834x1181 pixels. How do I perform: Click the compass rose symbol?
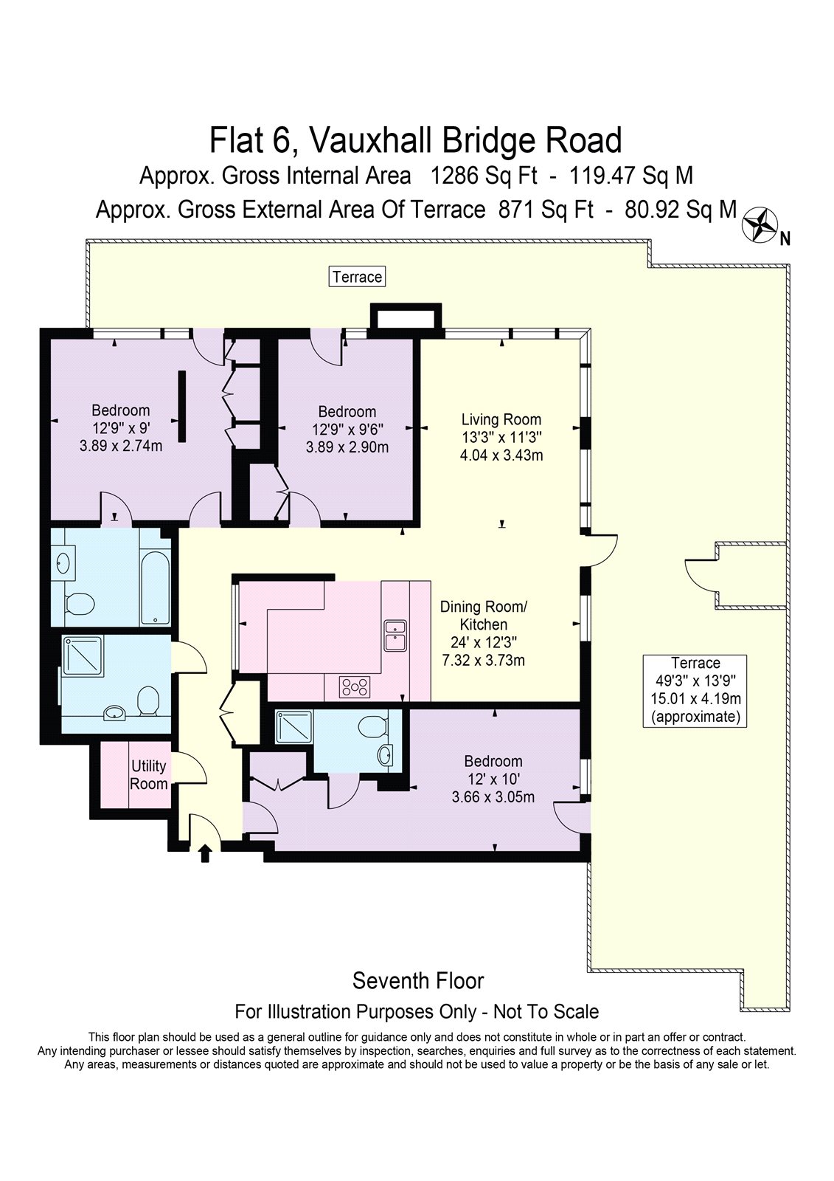click(760, 225)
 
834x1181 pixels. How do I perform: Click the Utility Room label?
click(148, 774)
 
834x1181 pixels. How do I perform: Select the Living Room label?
click(501, 420)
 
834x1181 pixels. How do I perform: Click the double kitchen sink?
click(396, 636)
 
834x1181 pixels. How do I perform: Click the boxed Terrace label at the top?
click(357, 277)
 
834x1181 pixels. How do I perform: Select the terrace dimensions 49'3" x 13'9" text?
click(695, 681)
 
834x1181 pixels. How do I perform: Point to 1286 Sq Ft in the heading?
click(484, 176)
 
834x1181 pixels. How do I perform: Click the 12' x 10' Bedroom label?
click(493, 779)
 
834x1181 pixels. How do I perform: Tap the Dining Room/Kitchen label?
click(484, 616)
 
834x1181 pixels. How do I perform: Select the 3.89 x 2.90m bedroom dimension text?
click(347, 447)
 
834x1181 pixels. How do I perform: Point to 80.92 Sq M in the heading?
click(680, 210)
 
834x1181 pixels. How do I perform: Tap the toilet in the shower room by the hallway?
click(147, 700)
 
